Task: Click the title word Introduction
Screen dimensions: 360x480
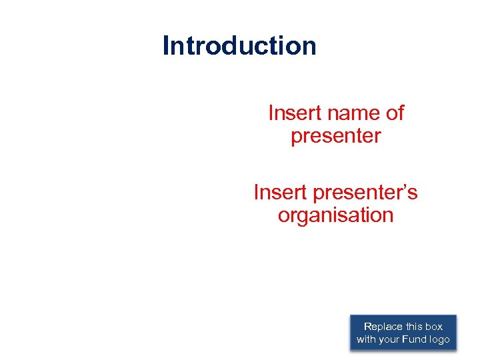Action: [x=239, y=46]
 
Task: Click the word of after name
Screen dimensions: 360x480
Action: [x=395, y=113]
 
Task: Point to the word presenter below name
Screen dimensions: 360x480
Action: [x=336, y=136]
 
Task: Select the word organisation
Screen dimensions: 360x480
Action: [x=336, y=215]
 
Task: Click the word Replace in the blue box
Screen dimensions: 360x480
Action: [x=383, y=327]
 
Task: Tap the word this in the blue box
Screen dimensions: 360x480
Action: [x=415, y=327]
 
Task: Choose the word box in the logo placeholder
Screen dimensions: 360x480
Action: [x=434, y=327]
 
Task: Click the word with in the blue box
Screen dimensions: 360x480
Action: [x=366, y=339]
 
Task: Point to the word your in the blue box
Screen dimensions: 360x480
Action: [x=390, y=339]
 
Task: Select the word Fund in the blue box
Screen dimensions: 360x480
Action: [x=417, y=339]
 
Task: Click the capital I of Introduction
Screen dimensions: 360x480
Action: [x=166, y=46]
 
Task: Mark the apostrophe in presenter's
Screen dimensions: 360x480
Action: [x=405, y=187]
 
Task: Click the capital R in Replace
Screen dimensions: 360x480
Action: [x=367, y=327]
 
